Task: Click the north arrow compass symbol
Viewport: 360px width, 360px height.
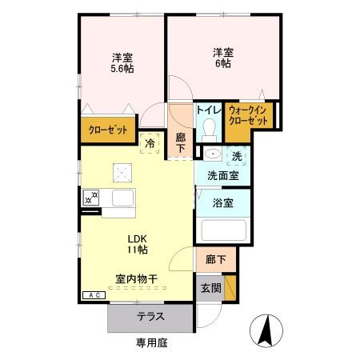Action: (266, 330)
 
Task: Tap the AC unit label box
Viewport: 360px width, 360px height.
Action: (94, 295)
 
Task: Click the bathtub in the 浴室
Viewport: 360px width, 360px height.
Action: (223, 230)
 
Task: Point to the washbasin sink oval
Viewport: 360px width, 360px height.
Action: (213, 154)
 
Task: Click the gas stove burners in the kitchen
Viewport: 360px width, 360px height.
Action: (91, 198)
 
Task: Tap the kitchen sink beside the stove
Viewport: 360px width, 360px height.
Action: (122, 198)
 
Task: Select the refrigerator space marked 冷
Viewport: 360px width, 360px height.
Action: (150, 144)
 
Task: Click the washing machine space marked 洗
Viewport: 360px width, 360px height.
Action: (237, 156)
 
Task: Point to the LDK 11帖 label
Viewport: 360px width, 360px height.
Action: (138, 244)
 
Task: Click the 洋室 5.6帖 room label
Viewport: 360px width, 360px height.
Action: (122, 63)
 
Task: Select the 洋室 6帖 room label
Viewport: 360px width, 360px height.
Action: (223, 58)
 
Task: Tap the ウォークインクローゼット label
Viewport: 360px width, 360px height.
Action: (248, 115)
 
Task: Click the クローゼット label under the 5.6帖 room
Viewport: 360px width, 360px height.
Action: (108, 130)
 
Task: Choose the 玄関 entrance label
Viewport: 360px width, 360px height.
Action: (211, 288)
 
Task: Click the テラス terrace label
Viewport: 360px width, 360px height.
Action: (150, 317)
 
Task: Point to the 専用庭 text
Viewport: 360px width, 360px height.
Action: (152, 342)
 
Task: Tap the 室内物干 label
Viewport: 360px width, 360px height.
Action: (137, 279)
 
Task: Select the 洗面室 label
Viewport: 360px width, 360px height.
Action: (223, 176)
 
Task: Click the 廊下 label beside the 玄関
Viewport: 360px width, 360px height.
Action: (216, 259)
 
